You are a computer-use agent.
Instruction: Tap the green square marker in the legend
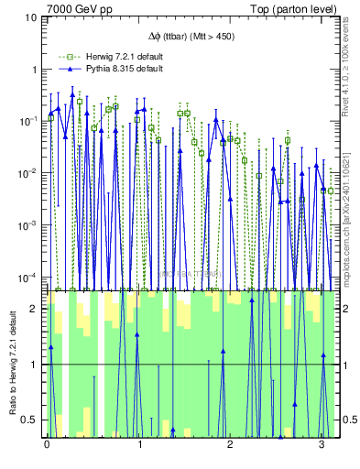tap(64, 57)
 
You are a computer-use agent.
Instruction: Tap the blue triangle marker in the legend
tap(64, 69)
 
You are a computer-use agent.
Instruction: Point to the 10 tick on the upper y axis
tap(31, 17)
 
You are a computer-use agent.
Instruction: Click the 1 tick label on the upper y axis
tap(34, 70)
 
